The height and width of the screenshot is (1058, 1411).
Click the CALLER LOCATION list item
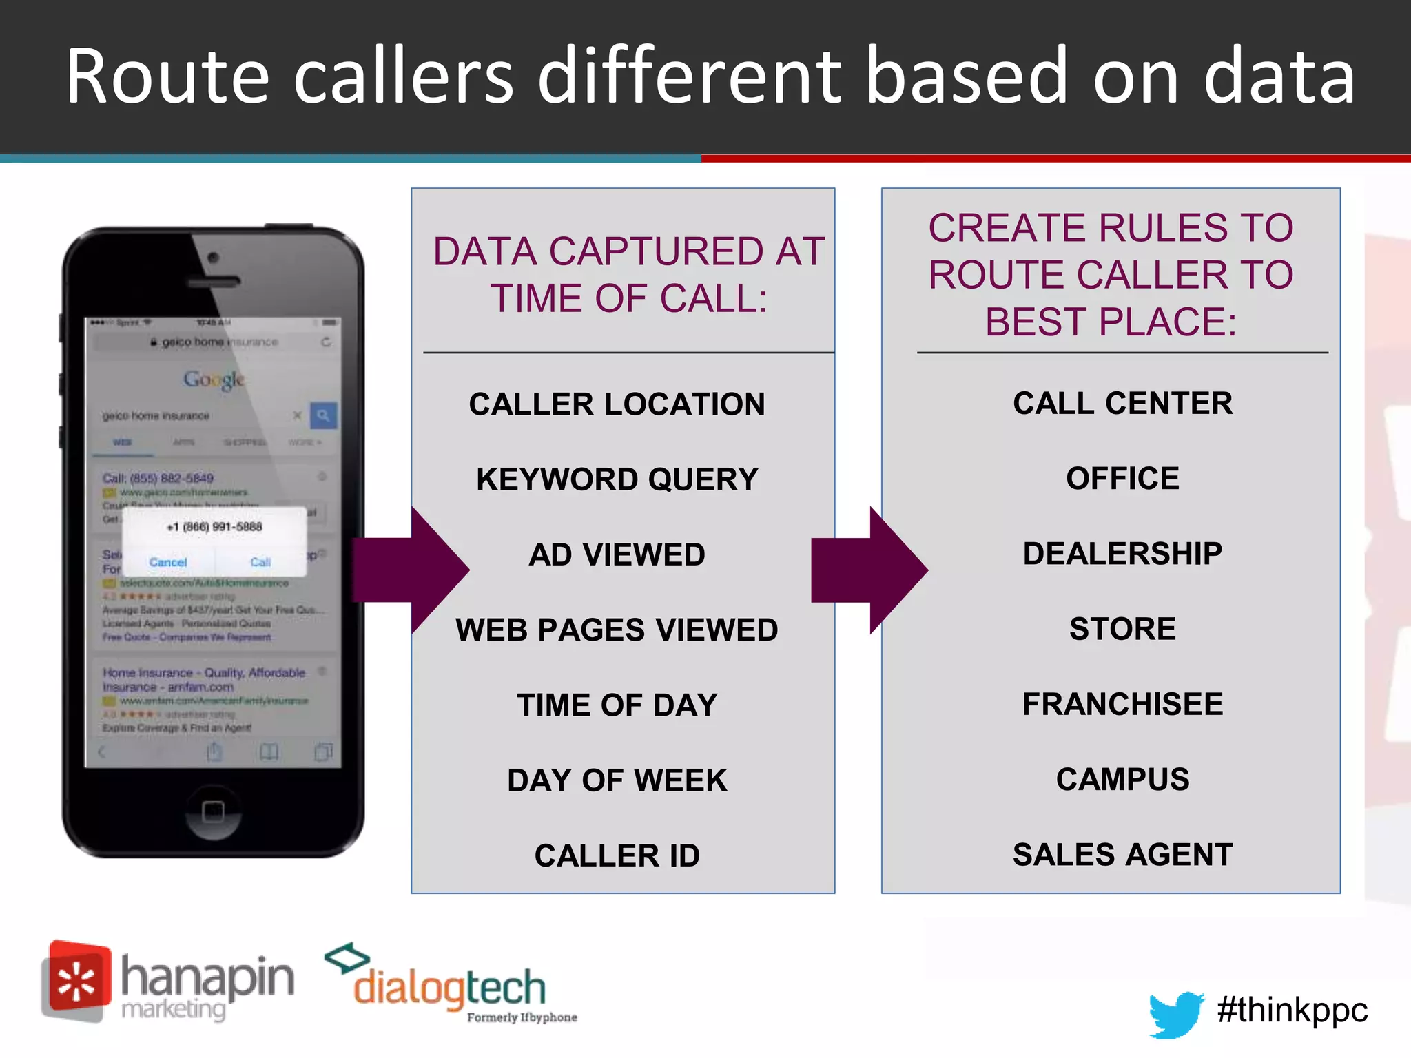617,404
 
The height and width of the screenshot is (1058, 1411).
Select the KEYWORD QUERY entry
617,479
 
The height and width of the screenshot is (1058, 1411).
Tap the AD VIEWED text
617,554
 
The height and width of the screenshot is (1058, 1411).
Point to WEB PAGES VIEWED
617,630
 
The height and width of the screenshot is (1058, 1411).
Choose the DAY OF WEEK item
617,780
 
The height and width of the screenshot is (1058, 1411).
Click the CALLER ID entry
617,855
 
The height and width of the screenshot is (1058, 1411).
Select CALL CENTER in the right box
1122,403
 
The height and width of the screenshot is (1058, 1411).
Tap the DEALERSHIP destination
1122,554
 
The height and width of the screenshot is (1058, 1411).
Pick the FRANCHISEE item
1122,704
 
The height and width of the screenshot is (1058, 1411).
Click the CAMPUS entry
1122,779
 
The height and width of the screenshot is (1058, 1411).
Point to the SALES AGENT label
1122,855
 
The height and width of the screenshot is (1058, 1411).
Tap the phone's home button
214,811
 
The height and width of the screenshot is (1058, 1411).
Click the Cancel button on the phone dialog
168,562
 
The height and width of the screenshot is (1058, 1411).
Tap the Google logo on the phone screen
214,380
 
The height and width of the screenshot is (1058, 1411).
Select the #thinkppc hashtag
1292,1010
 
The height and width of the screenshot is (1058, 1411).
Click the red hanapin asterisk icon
76,982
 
